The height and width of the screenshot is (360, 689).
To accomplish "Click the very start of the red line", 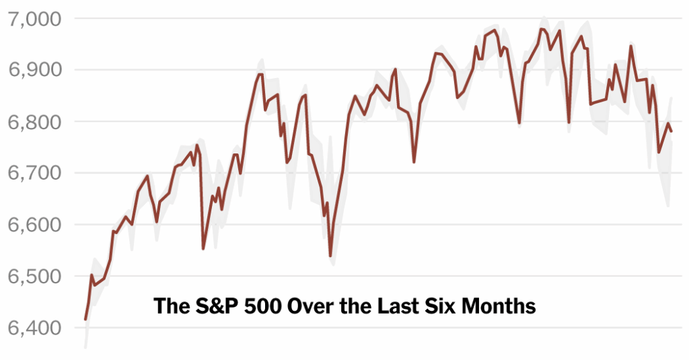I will tap(85, 319).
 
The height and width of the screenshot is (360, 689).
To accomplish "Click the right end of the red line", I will tap(672, 131).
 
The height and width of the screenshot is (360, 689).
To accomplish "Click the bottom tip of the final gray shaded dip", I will tap(668, 207).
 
